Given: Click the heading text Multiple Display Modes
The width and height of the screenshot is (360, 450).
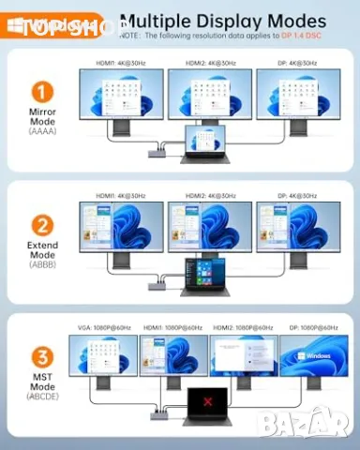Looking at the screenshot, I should [x=224, y=20].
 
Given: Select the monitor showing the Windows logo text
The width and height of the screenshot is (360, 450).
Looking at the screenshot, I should [x=313, y=356].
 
